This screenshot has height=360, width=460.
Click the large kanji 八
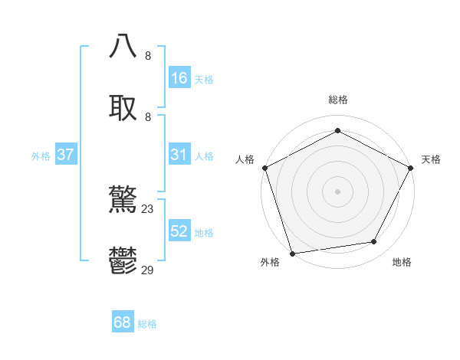tap(123, 46)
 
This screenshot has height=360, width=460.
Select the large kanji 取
tap(123, 107)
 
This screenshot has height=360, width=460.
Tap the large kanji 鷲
tap(123, 201)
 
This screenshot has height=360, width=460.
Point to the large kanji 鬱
tap(123, 262)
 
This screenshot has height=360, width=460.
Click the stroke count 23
tap(148, 208)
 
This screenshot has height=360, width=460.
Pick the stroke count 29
tap(148, 270)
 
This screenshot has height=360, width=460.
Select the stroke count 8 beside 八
tap(148, 55)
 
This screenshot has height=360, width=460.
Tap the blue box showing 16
tap(179, 78)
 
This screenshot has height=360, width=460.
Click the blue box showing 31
tap(179, 155)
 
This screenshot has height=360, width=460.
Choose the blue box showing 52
tap(179, 231)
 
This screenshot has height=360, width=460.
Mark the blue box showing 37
tap(65, 155)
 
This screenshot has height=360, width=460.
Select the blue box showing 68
tap(122, 323)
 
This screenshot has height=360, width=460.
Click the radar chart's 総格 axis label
tap(337, 100)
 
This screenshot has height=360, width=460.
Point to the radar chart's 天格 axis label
tap(431, 159)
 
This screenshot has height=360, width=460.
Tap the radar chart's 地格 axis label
tap(402, 262)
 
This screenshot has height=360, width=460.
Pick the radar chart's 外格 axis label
tap(270, 262)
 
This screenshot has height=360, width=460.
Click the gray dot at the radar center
tap(337, 191)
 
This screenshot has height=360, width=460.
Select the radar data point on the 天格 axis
tap(412, 167)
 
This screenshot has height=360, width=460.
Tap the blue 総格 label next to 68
tap(147, 324)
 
